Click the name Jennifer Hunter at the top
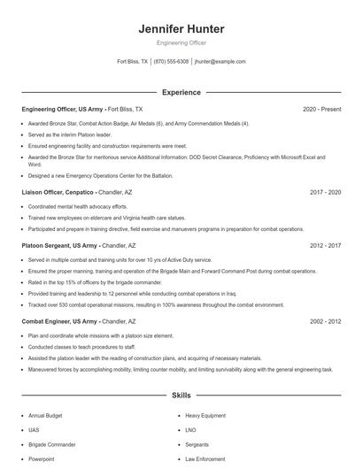(181, 29)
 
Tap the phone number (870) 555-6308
(171, 62)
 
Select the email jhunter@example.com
(220, 62)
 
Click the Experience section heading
(181, 92)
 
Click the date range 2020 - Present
(321, 109)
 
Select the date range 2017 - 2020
(325, 191)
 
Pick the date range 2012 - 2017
(325, 245)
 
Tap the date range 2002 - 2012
(325, 321)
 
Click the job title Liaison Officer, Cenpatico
(58, 191)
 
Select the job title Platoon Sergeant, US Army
(60, 245)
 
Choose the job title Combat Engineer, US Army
(60, 321)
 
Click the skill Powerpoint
(42, 459)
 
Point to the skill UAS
(34, 429)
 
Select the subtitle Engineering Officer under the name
(181, 42)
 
